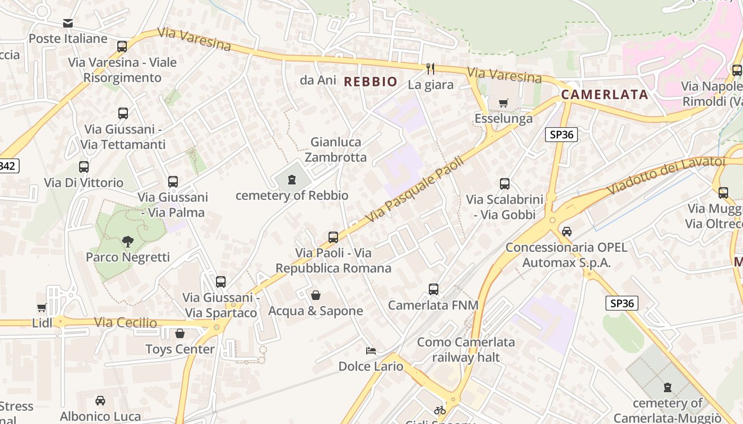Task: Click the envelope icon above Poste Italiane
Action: pyautogui.click(x=68, y=23)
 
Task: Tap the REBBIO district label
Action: pyautogui.click(x=370, y=82)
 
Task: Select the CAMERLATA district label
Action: pyautogui.click(x=604, y=95)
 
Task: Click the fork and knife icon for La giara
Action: pyautogui.click(x=430, y=68)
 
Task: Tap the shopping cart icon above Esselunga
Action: pyautogui.click(x=503, y=103)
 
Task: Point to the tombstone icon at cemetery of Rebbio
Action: pyautogui.click(x=291, y=180)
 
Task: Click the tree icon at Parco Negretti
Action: pyautogui.click(x=127, y=242)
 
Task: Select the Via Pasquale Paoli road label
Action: pyautogui.click(x=415, y=189)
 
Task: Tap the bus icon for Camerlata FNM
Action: pyautogui.click(x=434, y=289)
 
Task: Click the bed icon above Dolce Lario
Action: pyautogui.click(x=371, y=351)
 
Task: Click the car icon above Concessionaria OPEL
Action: pyautogui.click(x=567, y=232)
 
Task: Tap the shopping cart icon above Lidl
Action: pyautogui.click(x=41, y=308)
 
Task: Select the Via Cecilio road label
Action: pyautogui.click(x=125, y=322)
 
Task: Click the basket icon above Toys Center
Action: pyautogui.click(x=180, y=333)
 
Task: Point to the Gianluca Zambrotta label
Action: pyautogui.click(x=335, y=149)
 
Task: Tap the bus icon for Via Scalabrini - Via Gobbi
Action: pyautogui.click(x=505, y=184)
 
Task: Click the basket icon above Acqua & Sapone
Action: pyautogui.click(x=316, y=295)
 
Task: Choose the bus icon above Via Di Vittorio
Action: pyautogui.click(x=84, y=167)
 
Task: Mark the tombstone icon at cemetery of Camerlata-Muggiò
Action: pyautogui.click(x=668, y=387)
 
